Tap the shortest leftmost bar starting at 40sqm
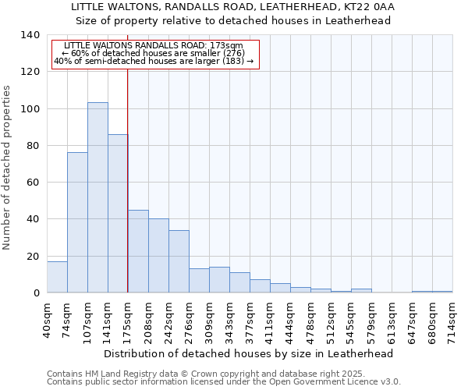[57, 277]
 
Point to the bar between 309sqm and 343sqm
[219, 279]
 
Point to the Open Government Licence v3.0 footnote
[224, 381]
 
